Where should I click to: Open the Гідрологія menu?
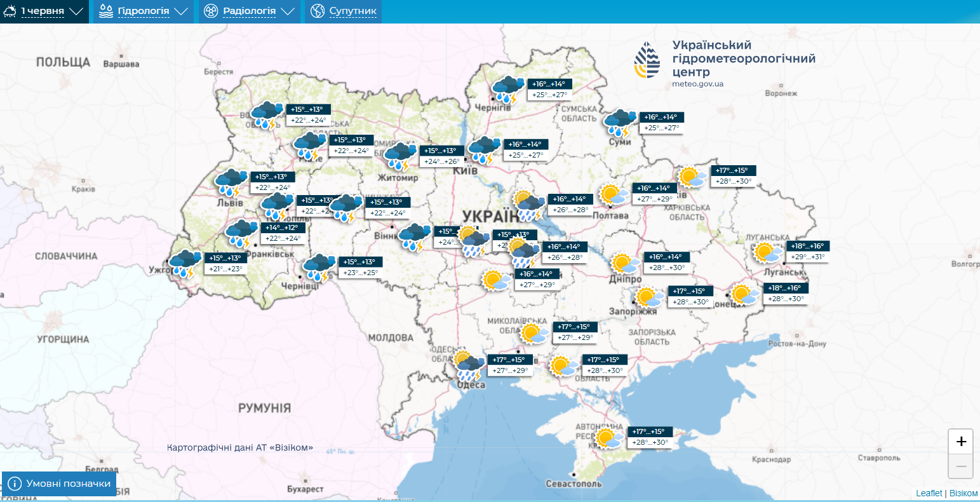(144, 11)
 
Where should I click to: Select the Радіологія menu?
(249, 11)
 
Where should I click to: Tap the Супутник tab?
(344, 11)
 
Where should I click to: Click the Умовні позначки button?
(60, 484)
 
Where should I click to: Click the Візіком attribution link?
(963, 493)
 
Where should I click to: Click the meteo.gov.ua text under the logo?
(697, 83)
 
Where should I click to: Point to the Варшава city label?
(121, 64)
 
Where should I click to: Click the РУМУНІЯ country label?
(264, 407)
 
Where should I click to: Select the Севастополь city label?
(574, 484)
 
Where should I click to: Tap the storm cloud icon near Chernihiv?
(508, 90)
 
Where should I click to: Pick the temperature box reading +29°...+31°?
(808, 257)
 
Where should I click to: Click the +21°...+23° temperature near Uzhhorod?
(225, 269)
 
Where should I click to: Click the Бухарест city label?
(305, 489)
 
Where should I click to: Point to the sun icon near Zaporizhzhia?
(648, 297)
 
